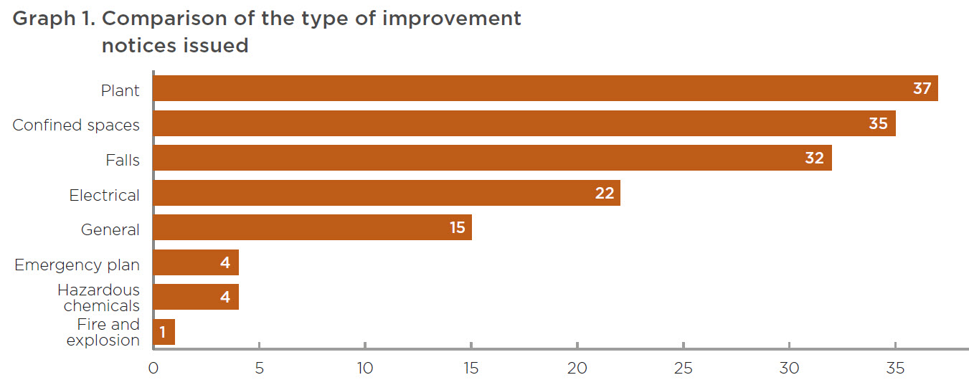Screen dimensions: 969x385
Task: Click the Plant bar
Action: coord(546,88)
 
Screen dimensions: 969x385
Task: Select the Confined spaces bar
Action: coord(525,123)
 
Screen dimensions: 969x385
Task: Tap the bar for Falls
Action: coord(493,158)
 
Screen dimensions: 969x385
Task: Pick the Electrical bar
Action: coord(387,193)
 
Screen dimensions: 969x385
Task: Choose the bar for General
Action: coord(313,227)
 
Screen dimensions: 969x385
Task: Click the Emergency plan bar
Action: coord(197,262)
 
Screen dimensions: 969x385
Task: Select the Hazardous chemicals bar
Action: coord(197,297)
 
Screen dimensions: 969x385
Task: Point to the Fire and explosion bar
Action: coord(164,332)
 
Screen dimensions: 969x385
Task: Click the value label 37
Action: coord(922,89)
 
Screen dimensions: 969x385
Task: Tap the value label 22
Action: coord(605,193)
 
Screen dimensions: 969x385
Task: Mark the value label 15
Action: coord(458,227)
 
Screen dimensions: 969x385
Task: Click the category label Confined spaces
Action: coord(76,125)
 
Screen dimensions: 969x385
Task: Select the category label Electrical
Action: coord(104,196)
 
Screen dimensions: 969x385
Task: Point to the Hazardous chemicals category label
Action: coord(99,298)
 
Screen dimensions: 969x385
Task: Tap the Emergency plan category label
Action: coord(77,265)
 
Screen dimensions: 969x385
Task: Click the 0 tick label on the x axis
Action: coord(153,368)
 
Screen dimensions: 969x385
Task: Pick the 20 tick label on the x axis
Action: coord(577,368)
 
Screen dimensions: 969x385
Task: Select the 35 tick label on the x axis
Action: coord(895,368)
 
